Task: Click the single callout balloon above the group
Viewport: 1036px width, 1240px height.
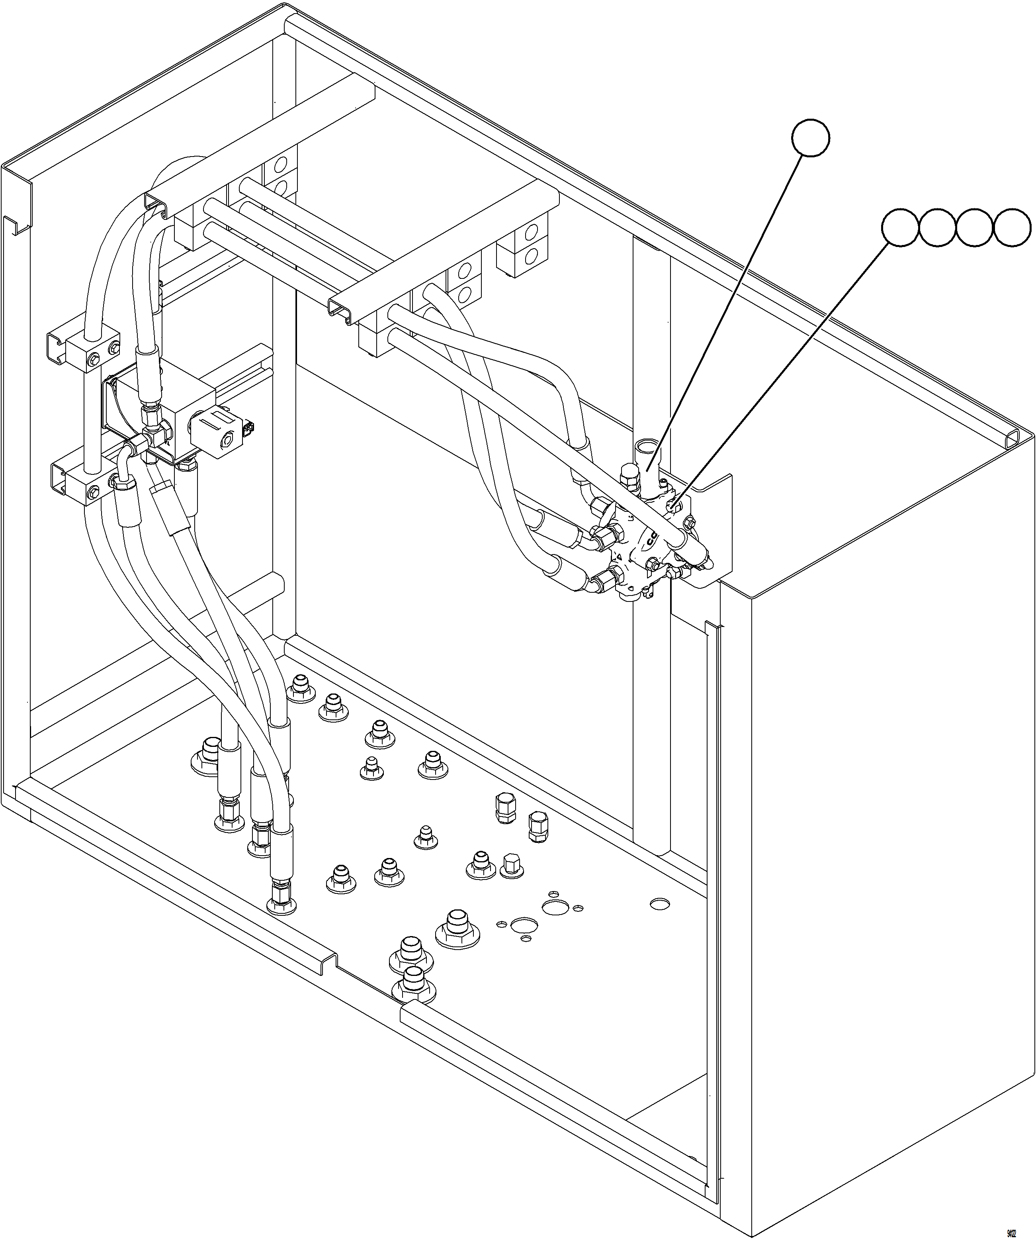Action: click(811, 137)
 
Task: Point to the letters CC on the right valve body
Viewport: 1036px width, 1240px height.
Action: click(651, 539)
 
